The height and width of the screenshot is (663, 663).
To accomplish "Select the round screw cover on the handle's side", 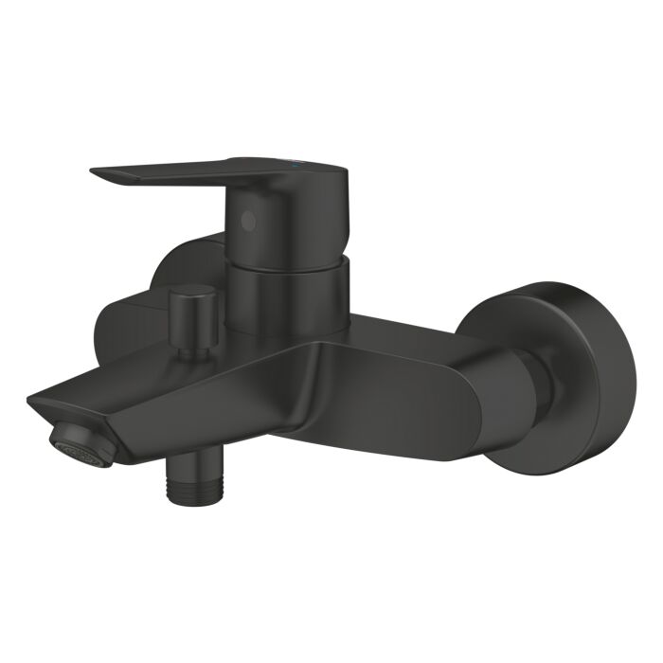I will click(x=249, y=221).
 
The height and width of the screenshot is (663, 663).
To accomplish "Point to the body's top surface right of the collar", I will click(x=398, y=327).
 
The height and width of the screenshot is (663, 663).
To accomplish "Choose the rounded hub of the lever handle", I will click(x=284, y=213).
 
